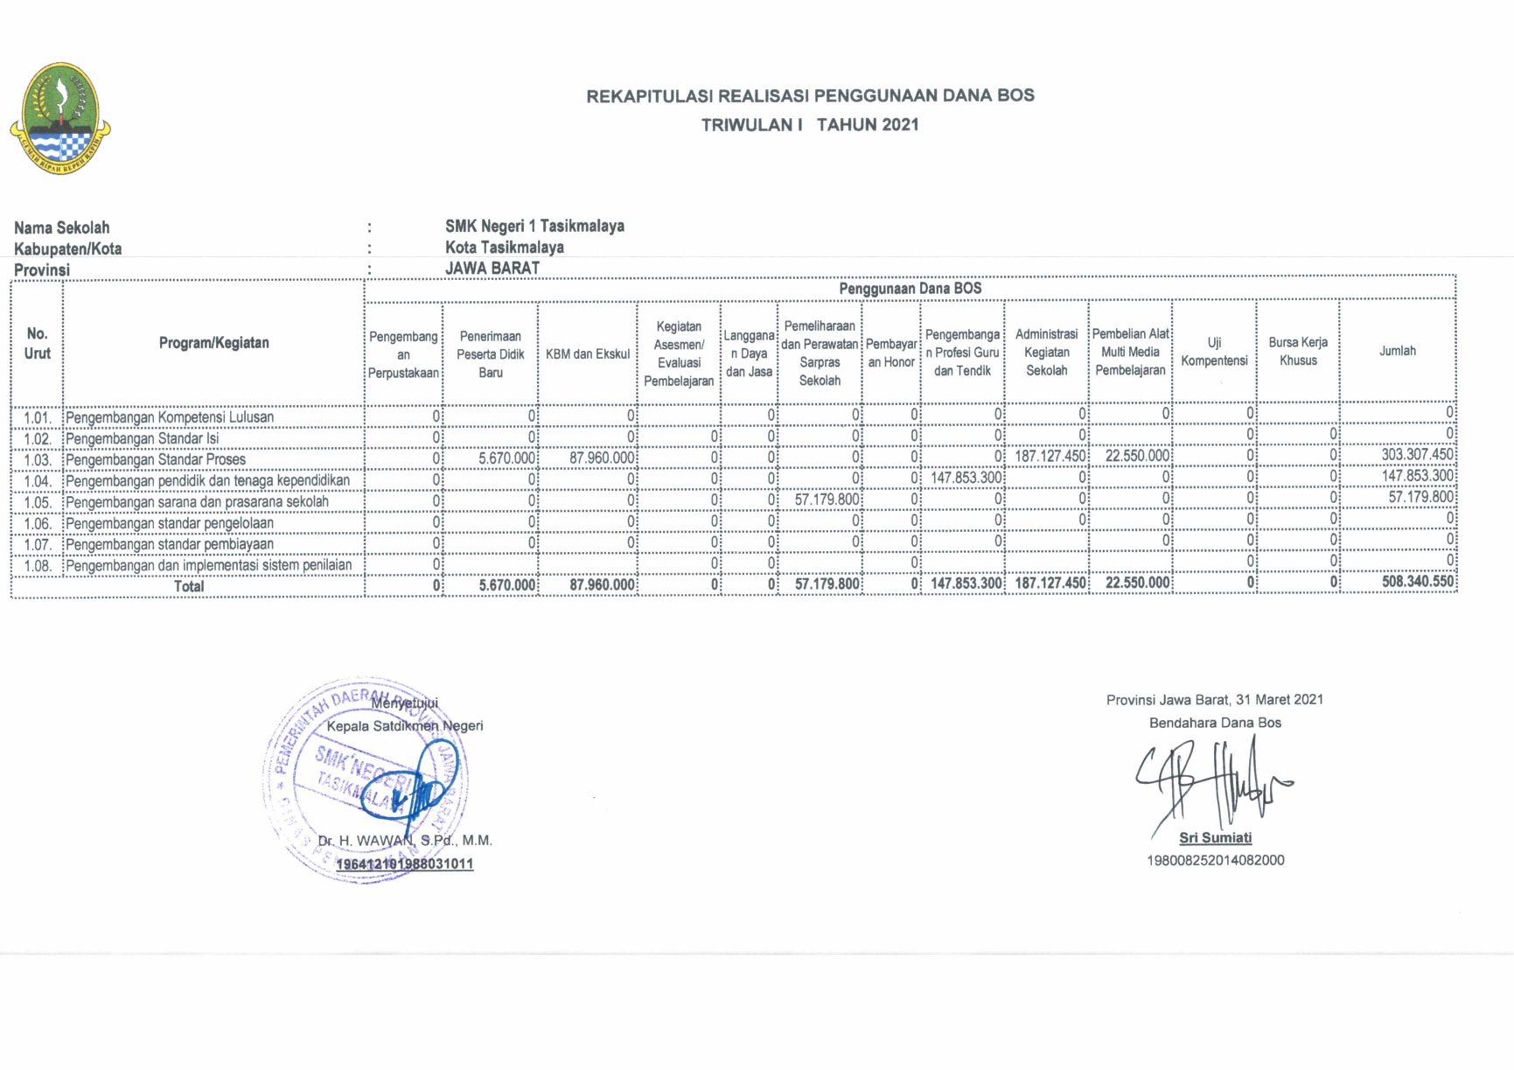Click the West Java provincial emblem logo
coord(59,118)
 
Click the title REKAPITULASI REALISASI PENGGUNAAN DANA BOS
coord(810,95)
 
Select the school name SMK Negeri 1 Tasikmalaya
coord(534,226)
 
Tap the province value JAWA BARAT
coord(492,269)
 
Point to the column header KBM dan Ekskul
coord(588,354)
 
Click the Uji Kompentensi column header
coord(1214,352)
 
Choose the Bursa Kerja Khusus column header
coord(1298,351)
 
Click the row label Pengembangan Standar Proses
coord(156,459)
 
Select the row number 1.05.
coord(38,502)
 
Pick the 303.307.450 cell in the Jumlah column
coord(1417,455)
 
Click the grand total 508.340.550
coord(1417,582)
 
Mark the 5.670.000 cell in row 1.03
coord(507,458)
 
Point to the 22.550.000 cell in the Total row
coord(1137,584)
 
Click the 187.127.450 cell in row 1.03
coord(1050,456)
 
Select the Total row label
coord(189,586)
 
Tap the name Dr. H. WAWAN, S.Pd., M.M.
coord(405,841)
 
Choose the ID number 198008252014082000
coord(1215,860)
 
